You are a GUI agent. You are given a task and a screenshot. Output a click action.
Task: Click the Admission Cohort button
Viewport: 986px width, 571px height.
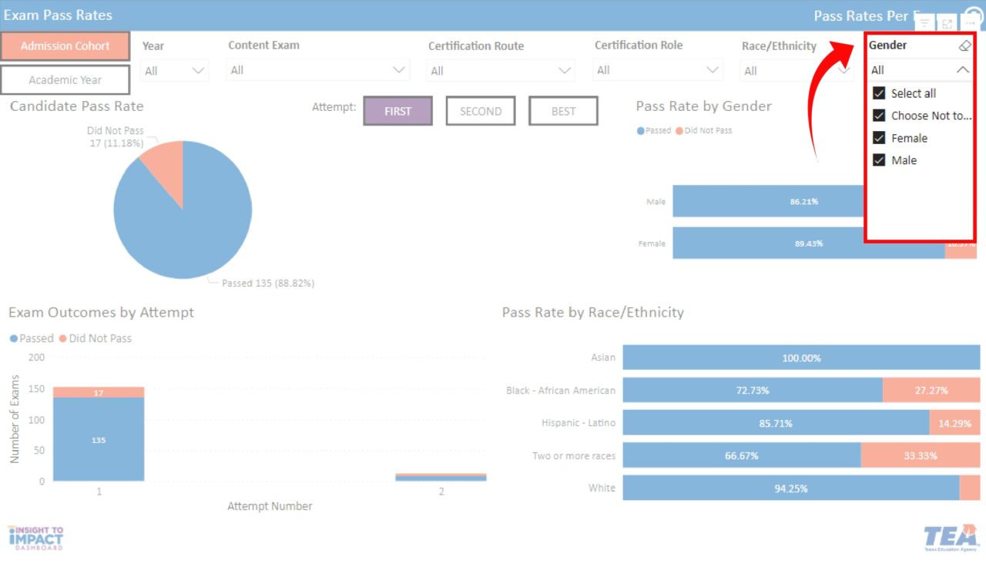coord(65,46)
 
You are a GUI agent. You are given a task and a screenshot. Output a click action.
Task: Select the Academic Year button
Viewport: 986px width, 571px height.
coord(65,80)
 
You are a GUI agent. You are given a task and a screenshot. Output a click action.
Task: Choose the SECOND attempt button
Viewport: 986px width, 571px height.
coord(481,111)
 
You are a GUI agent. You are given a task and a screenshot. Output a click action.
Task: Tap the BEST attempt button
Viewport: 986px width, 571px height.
coord(563,111)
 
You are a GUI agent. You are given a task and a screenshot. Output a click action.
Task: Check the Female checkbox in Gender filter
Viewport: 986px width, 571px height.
coord(879,138)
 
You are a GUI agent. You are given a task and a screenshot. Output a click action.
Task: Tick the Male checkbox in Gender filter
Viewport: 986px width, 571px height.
coord(879,160)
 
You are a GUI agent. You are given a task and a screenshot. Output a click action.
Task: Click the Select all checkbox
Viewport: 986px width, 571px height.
coord(879,93)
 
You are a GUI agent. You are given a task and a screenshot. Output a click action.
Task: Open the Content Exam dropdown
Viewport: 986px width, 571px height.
coord(317,70)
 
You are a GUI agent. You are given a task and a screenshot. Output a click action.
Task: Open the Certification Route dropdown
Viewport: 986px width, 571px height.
coord(501,71)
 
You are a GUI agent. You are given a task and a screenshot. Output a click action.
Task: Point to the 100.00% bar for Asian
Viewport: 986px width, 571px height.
coord(801,358)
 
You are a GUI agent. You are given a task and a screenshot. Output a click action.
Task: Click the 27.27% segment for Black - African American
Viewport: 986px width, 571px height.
coord(931,391)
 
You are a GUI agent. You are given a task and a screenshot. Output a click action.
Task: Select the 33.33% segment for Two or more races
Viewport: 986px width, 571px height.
coord(920,455)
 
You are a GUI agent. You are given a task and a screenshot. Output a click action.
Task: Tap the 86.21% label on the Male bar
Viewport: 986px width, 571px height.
coord(803,201)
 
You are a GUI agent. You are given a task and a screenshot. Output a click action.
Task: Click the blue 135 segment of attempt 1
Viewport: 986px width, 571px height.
coord(99,440)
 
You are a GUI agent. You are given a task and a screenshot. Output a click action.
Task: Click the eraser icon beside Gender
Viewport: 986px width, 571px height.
coord(964,45)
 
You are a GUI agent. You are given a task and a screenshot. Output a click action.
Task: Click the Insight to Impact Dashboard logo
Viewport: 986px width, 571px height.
coord(35,537)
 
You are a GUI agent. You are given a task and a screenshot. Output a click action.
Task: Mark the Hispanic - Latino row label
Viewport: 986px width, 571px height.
coord(578,423)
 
